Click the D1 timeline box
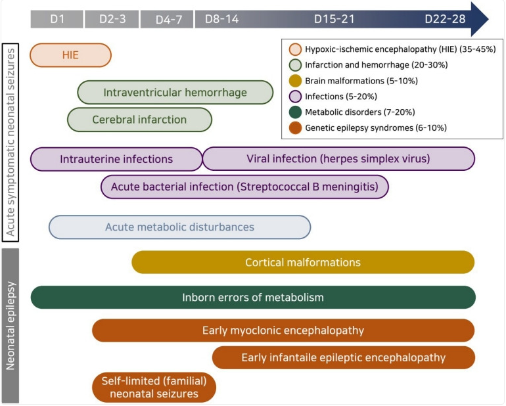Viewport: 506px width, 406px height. click(x=57, y=19)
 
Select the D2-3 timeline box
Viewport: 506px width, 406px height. click(x=112, y=19)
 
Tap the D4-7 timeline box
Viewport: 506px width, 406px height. click(x=167, y=19)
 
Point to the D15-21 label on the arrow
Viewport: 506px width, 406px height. click(x=334, y=19)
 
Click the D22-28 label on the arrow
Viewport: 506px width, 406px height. click(x=445, y=19)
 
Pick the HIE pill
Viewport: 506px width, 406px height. click(x=71, y=55)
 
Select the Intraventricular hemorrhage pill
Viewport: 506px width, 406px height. click(x=175, y=92)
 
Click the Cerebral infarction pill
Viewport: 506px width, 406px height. click(x=140, y=120)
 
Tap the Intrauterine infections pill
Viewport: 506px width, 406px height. click(x=116, y=159)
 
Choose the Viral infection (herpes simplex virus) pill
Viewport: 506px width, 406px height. click(x=338, y=159)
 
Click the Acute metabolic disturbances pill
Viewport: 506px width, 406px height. click(x=180, y=227)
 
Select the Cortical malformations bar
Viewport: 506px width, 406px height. click(x=303, y=262)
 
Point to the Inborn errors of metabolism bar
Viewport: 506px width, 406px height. click(x=253, y=297)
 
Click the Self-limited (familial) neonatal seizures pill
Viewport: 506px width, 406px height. click(x=154, y=388)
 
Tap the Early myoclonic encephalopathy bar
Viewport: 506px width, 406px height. click(x=283, y=330)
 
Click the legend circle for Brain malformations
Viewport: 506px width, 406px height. click(x=295, y=81)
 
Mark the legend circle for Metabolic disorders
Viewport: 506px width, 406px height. click(x=295, y=112)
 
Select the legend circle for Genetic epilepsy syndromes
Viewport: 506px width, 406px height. click(x=295, y=128)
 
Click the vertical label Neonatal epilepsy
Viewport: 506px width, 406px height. click(x=11, y=326)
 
